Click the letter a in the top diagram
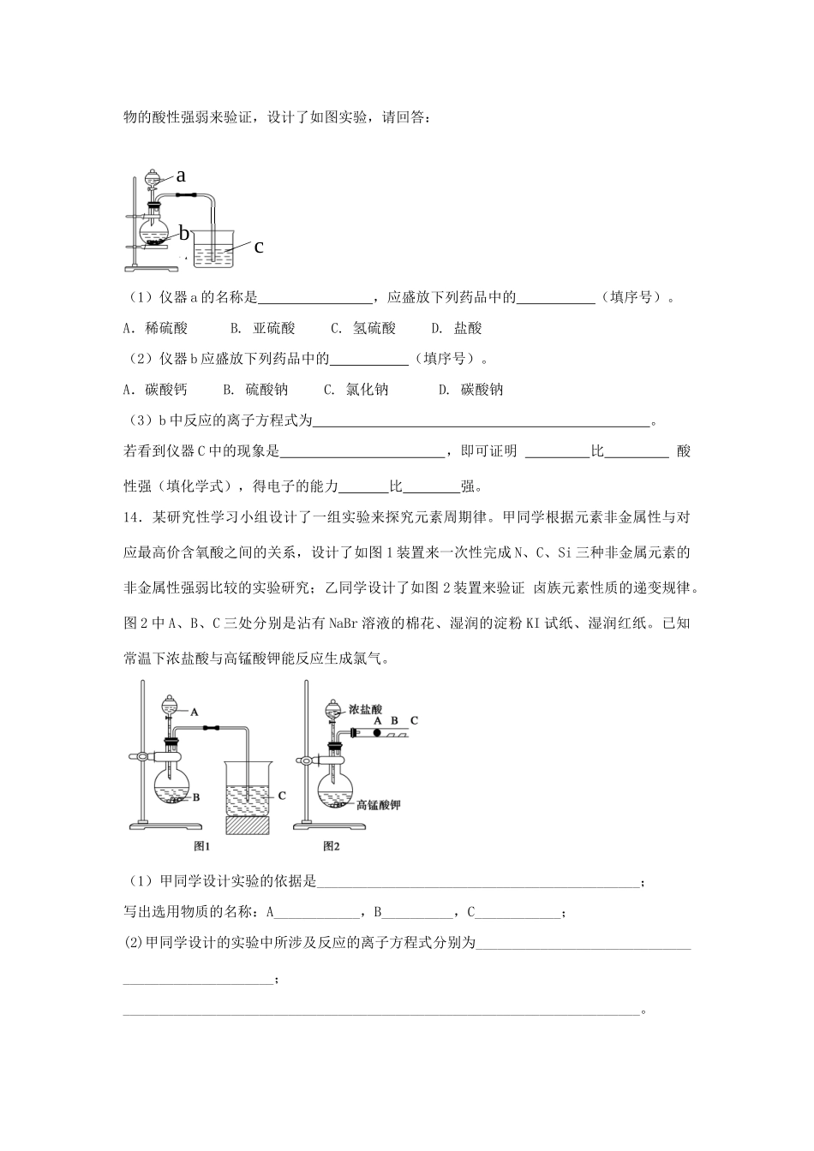tap(181, 176)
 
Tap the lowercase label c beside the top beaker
tap(259, 247)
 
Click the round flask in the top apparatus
tap(154, 230)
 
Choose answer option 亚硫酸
tap(274, 328)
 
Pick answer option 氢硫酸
tap(375, 328)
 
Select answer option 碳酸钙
tap(166, 390)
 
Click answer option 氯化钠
tap(368, 390)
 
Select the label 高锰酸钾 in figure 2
tap(379, 805)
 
